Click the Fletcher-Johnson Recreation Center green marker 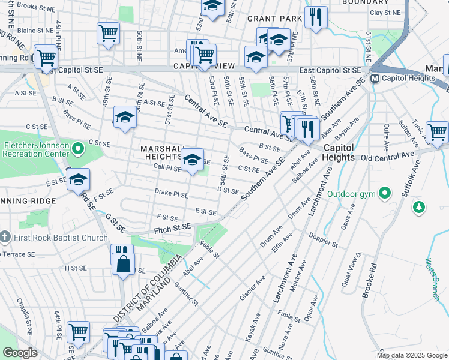point(77,148)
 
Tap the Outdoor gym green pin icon point(385,193)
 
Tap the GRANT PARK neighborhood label point(274,19)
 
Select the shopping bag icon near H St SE point(123,263)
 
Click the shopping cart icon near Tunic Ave point(437,131)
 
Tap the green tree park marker point(419,208)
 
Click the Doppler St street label point(324,244)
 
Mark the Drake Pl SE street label point(172,194)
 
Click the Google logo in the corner point(20,353)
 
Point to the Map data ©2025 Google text point(411,355)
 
